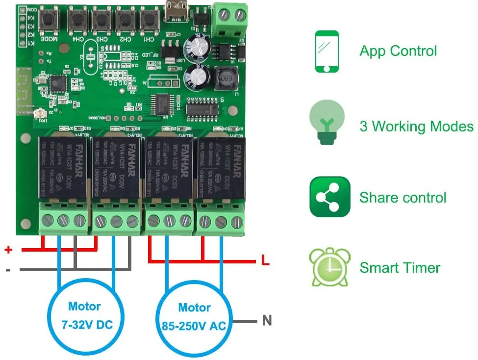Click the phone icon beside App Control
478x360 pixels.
click(x=327, y=51)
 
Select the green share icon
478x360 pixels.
click(x=329, y=197)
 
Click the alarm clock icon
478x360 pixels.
click(x=329, y=267)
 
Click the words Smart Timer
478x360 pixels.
click(x=400, y=268)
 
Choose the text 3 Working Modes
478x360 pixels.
click(x=416, y=127)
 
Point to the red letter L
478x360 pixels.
click(x=265, y=260)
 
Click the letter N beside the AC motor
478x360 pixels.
click(x=267, y=321)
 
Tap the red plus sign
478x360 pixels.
click(x=8, y=250)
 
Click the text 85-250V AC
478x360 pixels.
click(x=193, y=324)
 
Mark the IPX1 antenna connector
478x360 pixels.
click(x=37, y=115)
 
